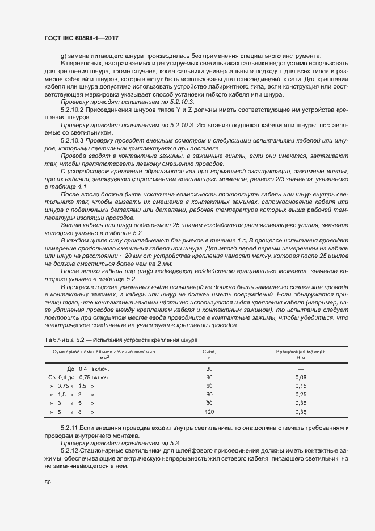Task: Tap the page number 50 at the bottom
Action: pos(48,483)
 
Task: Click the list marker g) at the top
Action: pos(64,56)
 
